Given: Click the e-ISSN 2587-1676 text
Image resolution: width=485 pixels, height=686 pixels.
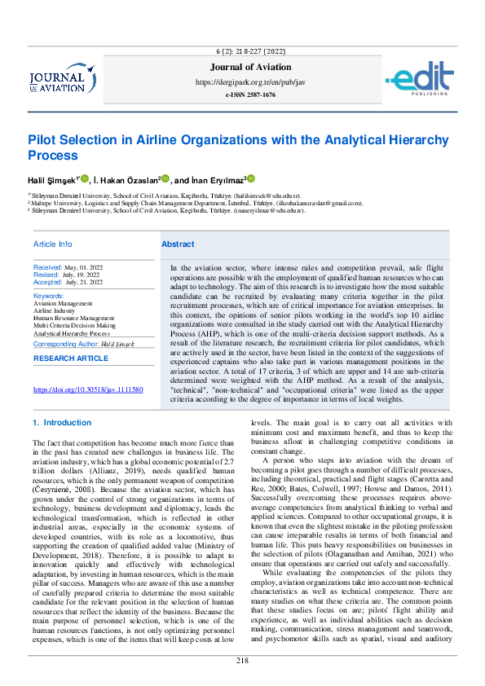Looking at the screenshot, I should tap(250, 95).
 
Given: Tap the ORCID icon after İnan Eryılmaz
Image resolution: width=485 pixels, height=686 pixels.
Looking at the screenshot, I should tap(251, 179).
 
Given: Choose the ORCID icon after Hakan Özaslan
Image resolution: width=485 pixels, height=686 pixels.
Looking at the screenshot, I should tap(165, 179).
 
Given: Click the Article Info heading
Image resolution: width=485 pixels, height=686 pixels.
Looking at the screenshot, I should tap(52, 244).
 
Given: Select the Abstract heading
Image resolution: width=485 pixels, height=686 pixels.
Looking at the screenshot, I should tap(178, 244).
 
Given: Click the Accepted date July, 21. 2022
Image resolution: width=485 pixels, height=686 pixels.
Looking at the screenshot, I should tap(83, 282).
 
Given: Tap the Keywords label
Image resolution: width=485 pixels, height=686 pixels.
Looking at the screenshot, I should tap(49, 296).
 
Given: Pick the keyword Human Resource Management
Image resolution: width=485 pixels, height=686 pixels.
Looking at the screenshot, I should tap(74, 318).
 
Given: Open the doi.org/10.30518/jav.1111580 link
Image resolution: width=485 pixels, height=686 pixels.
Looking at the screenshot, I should tap(88, 390).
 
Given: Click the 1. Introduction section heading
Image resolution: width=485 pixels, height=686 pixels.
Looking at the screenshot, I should tap(61, 423).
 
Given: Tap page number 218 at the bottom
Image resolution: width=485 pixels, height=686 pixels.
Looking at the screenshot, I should tap(242, 660).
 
